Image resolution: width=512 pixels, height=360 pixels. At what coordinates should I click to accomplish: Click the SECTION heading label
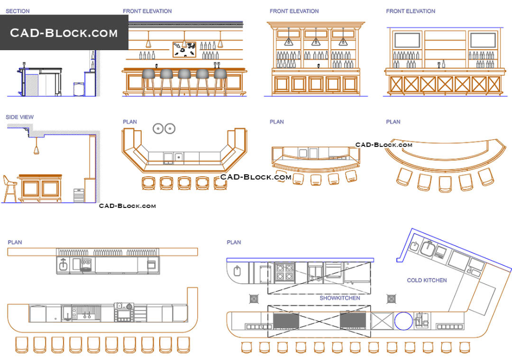click(x=17, y=11)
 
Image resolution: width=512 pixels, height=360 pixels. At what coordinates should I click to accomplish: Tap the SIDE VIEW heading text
click(x=20, y=117)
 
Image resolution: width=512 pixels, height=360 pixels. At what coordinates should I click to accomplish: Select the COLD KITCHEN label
click(x=426, y=280)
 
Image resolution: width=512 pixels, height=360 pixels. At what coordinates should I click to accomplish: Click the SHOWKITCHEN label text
click(x=339, y=298)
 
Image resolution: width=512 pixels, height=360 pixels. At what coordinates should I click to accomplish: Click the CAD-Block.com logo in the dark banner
click(x=64, y=33)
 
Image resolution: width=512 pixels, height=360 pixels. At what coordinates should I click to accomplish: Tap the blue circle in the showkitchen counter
click(x=403, y=322)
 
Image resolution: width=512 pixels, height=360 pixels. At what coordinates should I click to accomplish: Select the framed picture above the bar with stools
click(x=184, y=50)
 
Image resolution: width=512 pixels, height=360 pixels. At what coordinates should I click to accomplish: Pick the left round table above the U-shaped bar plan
click(x=158, y=129)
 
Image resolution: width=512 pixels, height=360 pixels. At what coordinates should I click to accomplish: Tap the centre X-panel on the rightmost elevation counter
click(x=445, y=84)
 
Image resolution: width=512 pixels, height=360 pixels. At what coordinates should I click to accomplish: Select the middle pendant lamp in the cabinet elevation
click(x=316, y=40)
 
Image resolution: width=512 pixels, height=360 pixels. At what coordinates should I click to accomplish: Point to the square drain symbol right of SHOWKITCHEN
click(x=392, y=298)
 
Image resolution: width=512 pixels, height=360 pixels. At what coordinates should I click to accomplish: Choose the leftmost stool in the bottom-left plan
click(x=22, y=345)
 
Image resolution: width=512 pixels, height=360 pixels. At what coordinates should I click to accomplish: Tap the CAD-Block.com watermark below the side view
click(x=127, y=206)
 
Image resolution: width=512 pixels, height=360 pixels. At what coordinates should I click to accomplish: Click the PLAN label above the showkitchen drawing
click(x=233, y=242)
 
